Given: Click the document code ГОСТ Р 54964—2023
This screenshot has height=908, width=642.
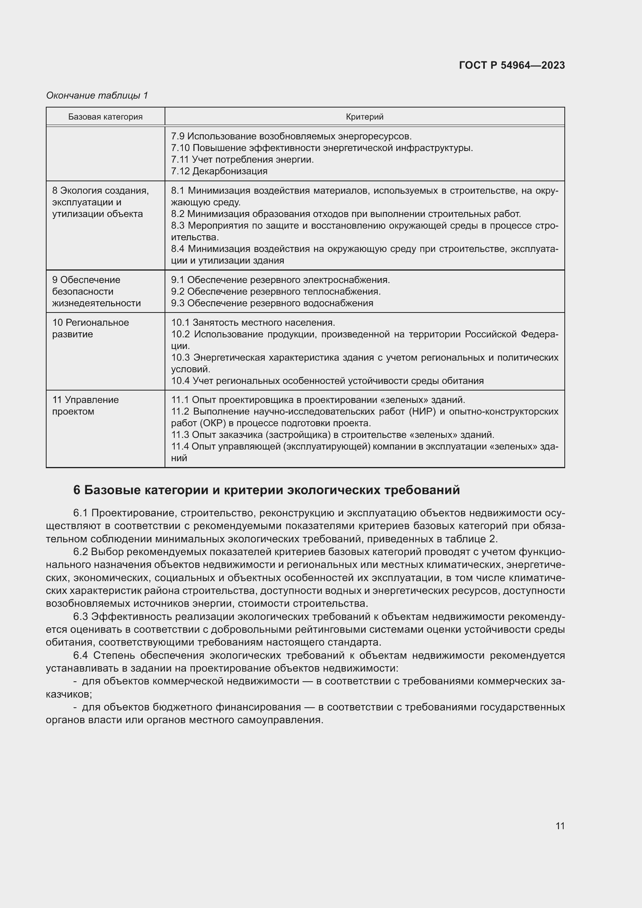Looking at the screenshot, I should [x=512, y=65].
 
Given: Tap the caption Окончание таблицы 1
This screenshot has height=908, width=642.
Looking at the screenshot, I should [x=97, y=95].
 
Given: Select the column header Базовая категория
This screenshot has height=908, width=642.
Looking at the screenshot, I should [x=105, y=117].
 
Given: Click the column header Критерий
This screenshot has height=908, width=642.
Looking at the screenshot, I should [x=364, y=117].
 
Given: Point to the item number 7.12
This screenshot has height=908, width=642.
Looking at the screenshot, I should [x=180, y=171].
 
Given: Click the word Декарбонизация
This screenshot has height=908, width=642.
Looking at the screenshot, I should [x=230, y=171].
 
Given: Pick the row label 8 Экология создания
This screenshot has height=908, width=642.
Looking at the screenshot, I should [x=101, y=191].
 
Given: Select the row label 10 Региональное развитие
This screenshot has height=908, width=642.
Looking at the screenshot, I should [x=90, y=328].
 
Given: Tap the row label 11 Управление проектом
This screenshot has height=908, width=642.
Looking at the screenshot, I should [x=85, y=405].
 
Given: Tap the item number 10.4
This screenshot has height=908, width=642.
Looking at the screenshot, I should [x=180, y=381].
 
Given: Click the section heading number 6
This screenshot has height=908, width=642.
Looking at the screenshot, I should [x=77, y=490].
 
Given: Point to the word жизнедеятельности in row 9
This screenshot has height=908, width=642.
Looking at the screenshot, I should [x=97, y=303].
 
